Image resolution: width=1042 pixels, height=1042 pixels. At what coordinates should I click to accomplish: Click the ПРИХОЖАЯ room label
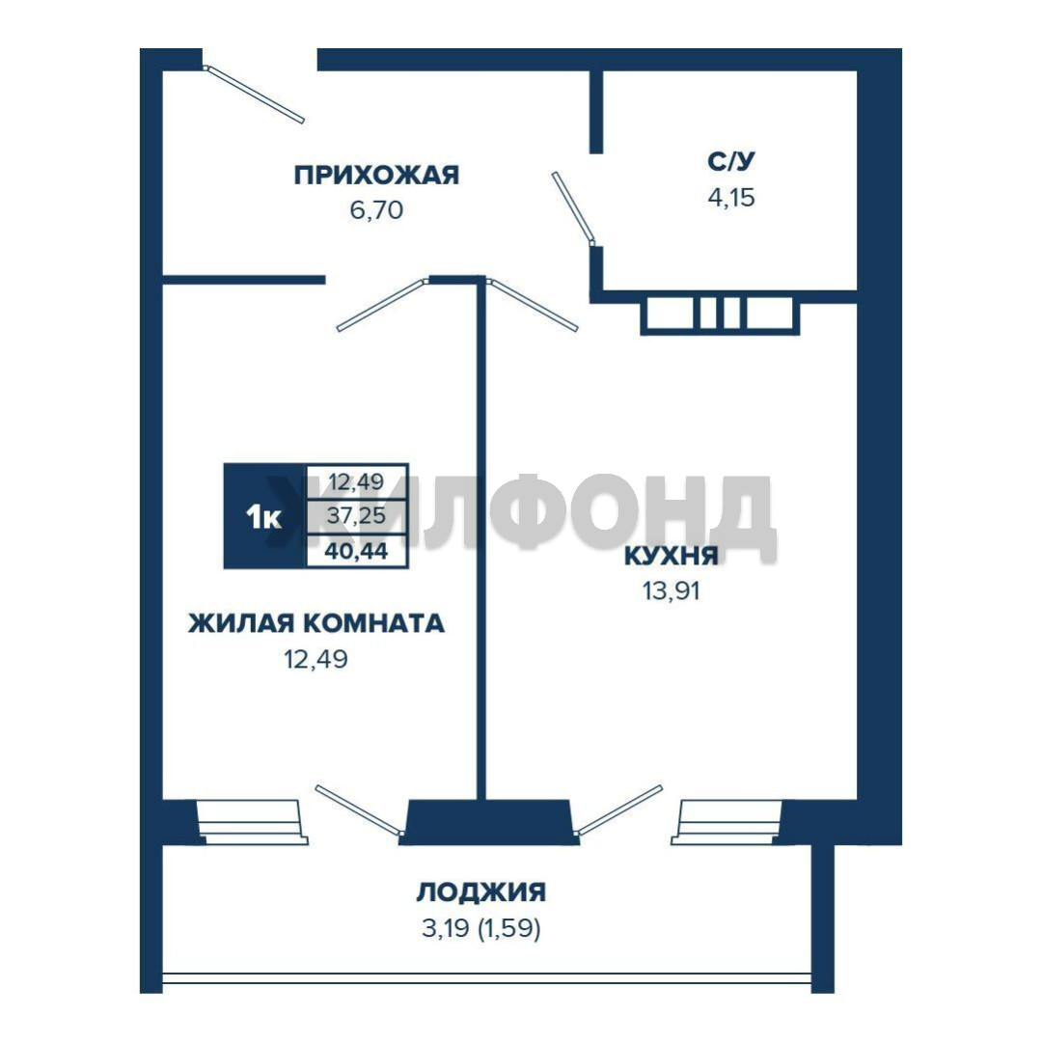point(377,176)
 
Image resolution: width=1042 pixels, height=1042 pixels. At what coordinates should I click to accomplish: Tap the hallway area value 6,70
point(376,210)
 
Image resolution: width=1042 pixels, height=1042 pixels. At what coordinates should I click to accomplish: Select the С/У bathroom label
point(731,161)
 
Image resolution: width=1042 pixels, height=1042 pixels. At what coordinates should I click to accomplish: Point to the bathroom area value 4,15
point(731,198)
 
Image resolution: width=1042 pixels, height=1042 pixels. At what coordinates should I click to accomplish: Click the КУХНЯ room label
point(672,556)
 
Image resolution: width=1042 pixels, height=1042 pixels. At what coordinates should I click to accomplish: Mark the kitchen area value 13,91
point(672,590)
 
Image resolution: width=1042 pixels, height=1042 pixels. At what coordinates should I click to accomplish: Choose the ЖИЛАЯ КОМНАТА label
point(316,623)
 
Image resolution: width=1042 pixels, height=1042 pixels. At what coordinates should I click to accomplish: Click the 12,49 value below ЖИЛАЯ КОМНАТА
point(316,659)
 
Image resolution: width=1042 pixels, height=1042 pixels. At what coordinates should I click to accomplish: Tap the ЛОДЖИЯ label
point(481,891)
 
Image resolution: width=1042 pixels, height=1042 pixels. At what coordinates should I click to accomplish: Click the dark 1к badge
point(264,516)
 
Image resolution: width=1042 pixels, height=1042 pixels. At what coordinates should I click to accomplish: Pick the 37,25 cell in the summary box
point(356,515)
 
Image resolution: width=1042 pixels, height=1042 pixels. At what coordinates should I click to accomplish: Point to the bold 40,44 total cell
point(356,551)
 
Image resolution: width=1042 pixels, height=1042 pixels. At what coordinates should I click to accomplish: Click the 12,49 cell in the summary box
point(356,481)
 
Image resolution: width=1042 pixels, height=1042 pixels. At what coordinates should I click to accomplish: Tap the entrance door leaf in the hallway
point(254,94)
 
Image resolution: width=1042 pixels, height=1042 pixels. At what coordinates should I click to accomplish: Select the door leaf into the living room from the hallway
point(382,305)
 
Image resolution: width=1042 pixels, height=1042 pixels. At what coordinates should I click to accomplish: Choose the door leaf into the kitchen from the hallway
point(533,304)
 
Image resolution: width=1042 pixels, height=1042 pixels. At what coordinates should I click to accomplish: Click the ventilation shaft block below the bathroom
point(720,313)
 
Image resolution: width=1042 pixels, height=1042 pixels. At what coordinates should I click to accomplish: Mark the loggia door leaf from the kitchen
point(618,809)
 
